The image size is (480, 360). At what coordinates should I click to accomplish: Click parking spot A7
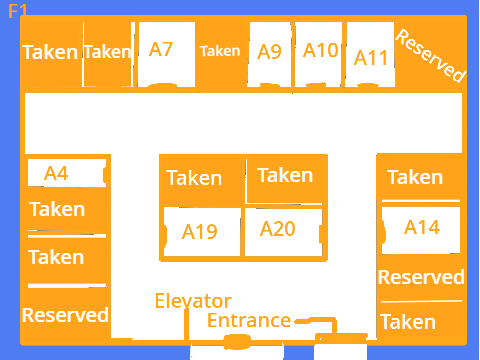(166, 54)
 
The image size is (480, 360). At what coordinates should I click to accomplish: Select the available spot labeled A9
(270, 54)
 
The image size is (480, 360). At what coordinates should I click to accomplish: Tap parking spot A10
(318, 54)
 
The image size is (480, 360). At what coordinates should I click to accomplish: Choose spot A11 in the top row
(370, 54)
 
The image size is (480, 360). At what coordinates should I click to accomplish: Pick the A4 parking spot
(67, 173)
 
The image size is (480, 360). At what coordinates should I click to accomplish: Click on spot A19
(202, 232)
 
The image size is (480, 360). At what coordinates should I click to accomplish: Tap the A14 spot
(421, 230)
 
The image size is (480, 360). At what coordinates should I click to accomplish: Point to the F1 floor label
(17, 11)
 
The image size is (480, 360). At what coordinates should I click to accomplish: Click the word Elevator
(193, 301)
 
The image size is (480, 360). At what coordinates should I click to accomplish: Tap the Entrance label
(249, 320)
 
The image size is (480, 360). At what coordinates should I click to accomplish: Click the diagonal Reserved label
(430, 56)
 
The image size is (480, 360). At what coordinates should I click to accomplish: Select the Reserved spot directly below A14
(421, 277)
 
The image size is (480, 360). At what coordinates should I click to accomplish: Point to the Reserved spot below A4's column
(65, 315)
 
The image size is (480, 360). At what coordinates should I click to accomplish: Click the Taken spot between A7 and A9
(220, 51)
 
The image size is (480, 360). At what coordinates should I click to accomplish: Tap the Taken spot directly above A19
(194, 178)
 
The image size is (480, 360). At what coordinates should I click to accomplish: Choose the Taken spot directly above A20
(285, 175)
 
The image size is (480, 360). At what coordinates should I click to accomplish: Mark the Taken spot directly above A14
(415, 177)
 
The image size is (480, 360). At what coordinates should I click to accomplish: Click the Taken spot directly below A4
(57, 209)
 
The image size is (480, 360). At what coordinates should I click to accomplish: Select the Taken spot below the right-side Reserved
(408, 322)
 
